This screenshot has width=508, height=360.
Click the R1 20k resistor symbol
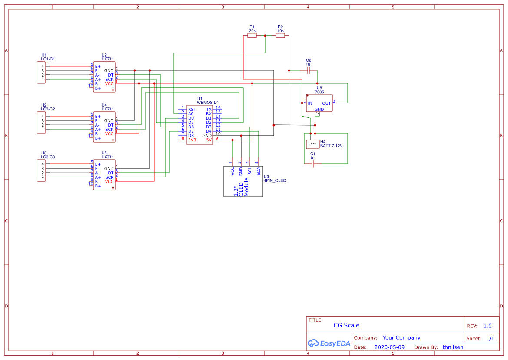pyautogui.click(x=252, y=36)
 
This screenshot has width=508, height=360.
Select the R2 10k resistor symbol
pyautogui.click(x=280, y=36)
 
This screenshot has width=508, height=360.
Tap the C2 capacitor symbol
pyautogui.click(x=309, y=70)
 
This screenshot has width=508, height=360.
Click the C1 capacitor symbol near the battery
pyautogui.click(x=312, y=164)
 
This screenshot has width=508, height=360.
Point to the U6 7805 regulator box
pyautogui.click(x=319, y=103)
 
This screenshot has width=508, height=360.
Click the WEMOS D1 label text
pyautogui.click(x=208, y=102)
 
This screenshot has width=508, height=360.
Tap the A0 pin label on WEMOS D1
pyautogui.click(x=191, y=114)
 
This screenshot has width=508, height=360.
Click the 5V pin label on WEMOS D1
pyautogui.click(x=209, y=140)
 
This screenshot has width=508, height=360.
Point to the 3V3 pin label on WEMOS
pyautogui.click(x=192, y=140)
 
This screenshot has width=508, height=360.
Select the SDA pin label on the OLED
pyautogui.click(x=258, y=171)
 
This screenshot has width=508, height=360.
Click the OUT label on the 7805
pyautogui.click(x=326, y=103)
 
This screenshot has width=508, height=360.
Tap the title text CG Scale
pyautogui.click(x=346, y=325)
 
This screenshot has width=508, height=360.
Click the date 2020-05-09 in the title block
pyautogui.click(x=389, y=347)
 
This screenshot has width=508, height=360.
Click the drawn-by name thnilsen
pyautogui.click(x=453, y=347)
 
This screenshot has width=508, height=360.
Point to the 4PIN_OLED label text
pyautogui.click(x=275, y=180)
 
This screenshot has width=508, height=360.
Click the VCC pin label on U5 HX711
pyautogui.click(x=109, y=182)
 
